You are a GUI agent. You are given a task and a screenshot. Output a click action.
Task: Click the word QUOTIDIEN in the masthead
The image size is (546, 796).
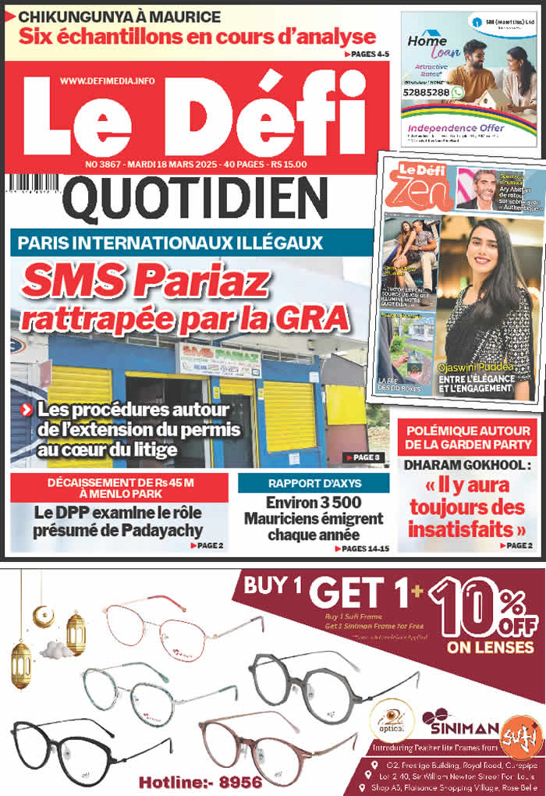194,200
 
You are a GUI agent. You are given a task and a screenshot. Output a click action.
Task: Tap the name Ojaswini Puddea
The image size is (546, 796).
484,368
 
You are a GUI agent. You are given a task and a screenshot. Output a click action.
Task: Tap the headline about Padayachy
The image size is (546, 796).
119,521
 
